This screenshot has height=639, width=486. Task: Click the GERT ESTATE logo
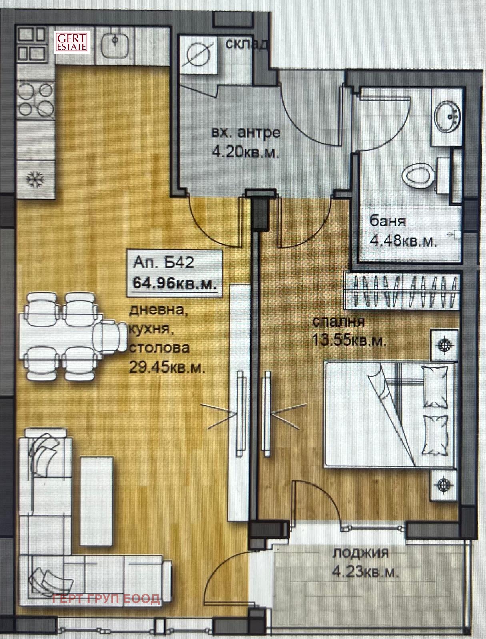[72, 42]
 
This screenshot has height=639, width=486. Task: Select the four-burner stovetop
[36, 99]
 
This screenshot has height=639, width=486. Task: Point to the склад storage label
[246, 44]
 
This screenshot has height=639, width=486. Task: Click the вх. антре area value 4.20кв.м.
[246, 153]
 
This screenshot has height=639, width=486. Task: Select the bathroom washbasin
[446, 117]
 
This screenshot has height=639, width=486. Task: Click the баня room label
[388, 221]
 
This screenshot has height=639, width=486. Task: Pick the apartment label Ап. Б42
[163, 263]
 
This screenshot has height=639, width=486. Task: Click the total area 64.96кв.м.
[175, 283]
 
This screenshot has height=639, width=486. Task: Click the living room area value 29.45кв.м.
[166, 368]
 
